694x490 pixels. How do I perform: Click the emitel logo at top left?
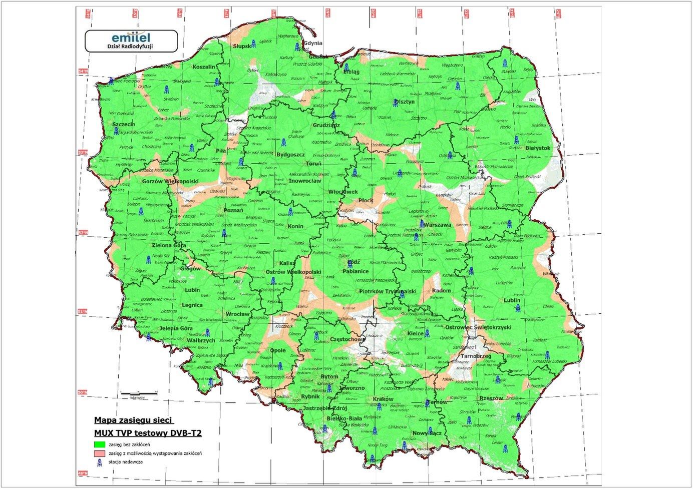pyautogui.click(x=131, y=37)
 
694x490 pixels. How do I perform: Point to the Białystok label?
pyautogui.click(x=538, y=149)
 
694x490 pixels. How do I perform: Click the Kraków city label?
pyautogui.click(x=384, y=399)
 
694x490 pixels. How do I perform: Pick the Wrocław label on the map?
pyautogui.click(x=237, y=314)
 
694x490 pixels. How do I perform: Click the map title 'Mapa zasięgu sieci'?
pyautogui.click(x=127, y=420)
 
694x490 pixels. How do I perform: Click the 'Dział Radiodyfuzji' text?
pyautogui.click(x=130, y=46)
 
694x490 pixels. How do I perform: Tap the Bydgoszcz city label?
pyautogui.click(x=291, y=155)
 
